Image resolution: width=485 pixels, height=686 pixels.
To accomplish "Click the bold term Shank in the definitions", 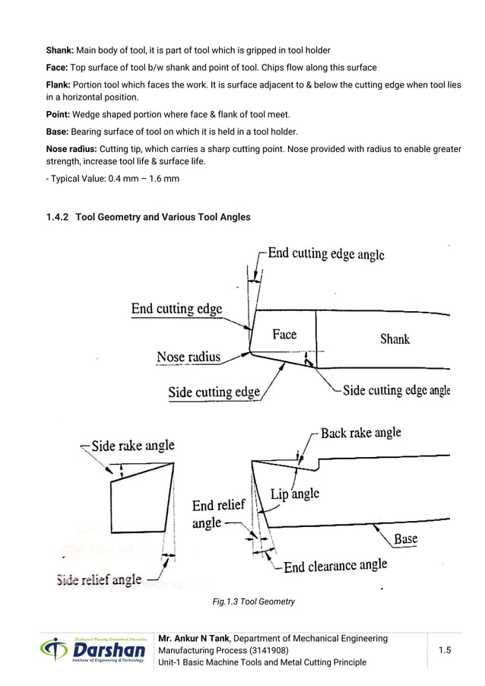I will click(59, 50).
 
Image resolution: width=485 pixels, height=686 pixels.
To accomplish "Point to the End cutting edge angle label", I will click(326, 254).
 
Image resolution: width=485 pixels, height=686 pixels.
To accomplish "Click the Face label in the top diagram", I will click(284, 335).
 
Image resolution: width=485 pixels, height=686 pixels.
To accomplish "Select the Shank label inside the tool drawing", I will click(395, 339).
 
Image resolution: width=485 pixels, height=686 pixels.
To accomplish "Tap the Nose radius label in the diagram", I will click(189, 357).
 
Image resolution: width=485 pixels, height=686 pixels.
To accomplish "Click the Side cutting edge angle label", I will click(396, 390).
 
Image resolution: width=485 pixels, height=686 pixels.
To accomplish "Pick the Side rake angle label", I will click(133, 446).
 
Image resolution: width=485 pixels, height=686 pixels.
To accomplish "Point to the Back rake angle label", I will click(360, 433).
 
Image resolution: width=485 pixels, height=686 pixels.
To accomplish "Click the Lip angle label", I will click(295, 494).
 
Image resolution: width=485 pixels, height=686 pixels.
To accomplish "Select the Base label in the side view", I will click(405, 539).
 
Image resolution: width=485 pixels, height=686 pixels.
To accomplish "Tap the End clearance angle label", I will click(335, 566).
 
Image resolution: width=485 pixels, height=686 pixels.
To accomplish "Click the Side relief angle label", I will click(99, 580).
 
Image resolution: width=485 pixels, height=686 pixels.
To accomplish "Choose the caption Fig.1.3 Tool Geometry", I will click(253, 602).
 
